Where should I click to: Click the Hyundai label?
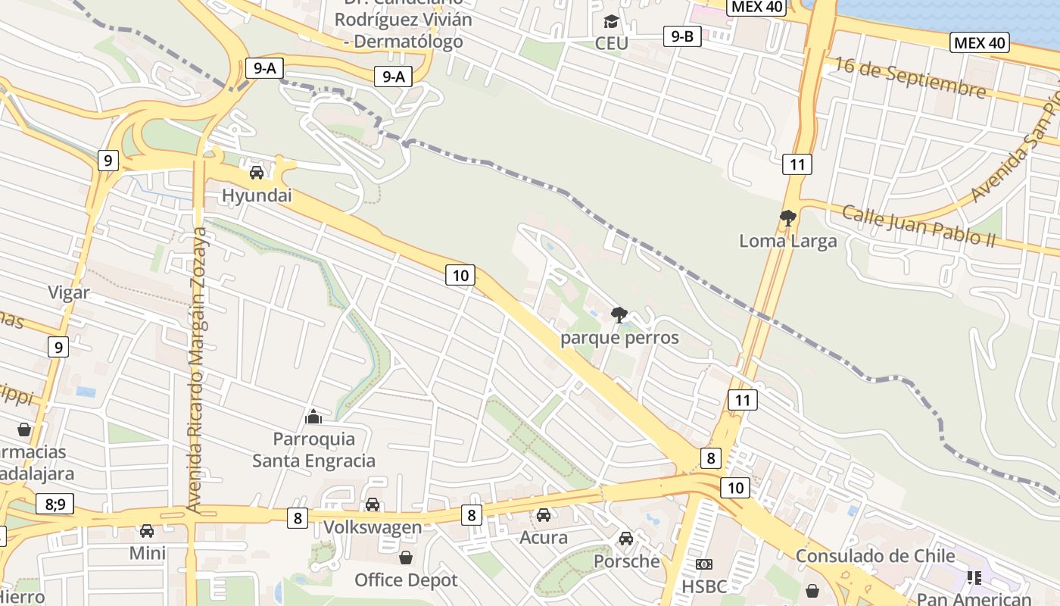(257, 195)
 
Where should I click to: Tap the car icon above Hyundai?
(257, 172)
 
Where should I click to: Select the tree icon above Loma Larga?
(787, 218)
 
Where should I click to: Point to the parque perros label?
(619, 338)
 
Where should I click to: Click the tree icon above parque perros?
(619, 314)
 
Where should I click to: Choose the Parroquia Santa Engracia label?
(313, 449)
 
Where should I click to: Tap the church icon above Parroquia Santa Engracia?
(313, 416)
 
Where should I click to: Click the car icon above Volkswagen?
(373, 504)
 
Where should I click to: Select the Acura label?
(543, 538)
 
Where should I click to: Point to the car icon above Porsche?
(626, 539)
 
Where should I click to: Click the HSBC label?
(704, 586)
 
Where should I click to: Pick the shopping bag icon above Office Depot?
(406, 558)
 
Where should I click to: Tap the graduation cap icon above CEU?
(611, 21)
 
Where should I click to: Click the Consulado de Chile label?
(875, 556)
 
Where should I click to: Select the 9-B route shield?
(682, 36)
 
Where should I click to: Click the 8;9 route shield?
(55, 503)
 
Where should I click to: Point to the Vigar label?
(69, 292)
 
